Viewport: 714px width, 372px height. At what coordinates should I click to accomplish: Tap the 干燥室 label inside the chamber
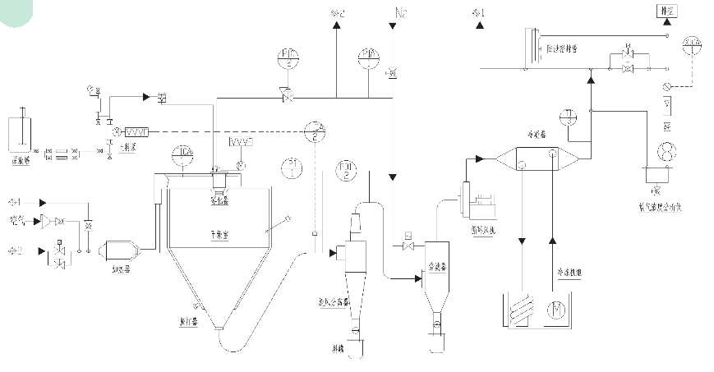tap(219, 233)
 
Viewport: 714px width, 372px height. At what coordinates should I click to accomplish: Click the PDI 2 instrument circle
tap(348, 172)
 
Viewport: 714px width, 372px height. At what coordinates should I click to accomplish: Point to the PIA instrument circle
tap(367, 57)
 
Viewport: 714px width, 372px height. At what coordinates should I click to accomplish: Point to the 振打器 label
tap(186, 321)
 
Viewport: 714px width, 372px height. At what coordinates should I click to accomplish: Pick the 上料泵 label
tap(127, 149)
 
